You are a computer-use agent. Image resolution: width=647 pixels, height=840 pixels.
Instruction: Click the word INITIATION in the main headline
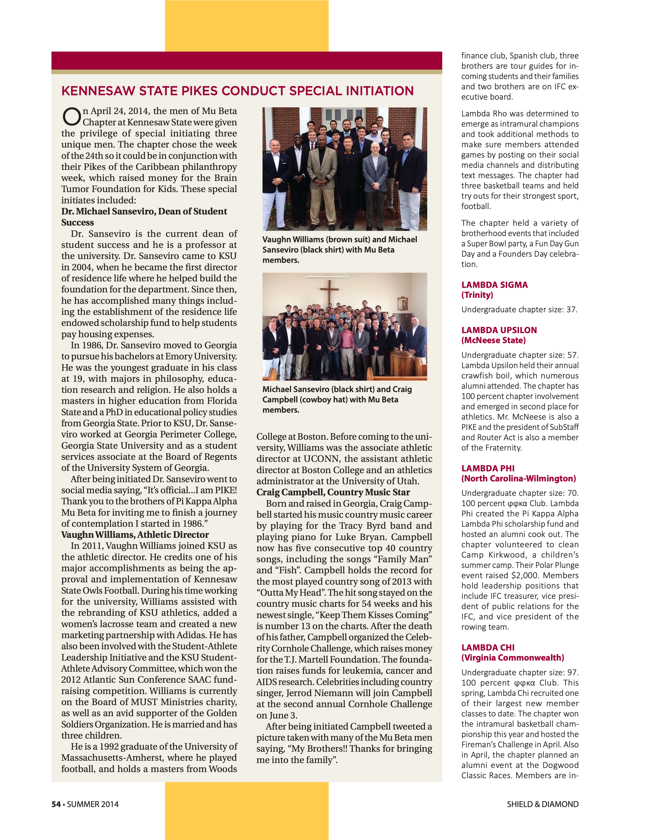(x=379, y=91)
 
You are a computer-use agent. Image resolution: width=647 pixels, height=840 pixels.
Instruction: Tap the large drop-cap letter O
(x=72, y=117)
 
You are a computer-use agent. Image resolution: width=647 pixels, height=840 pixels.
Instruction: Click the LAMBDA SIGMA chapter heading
(x=494, y=285)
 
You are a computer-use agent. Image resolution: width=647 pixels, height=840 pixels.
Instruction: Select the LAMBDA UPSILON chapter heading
(x=499, y=330)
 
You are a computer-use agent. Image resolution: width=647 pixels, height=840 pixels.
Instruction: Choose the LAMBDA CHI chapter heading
(x=488, y=648)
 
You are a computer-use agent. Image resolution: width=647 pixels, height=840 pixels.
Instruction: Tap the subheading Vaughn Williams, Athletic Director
(x=135, y=535)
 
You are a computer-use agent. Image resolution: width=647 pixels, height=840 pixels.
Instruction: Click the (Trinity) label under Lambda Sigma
(x=477, y=295)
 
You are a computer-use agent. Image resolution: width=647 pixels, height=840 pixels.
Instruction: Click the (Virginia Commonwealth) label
(x=512, y=658)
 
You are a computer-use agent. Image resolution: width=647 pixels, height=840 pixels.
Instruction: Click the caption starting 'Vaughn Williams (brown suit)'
(x=339, y=250)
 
